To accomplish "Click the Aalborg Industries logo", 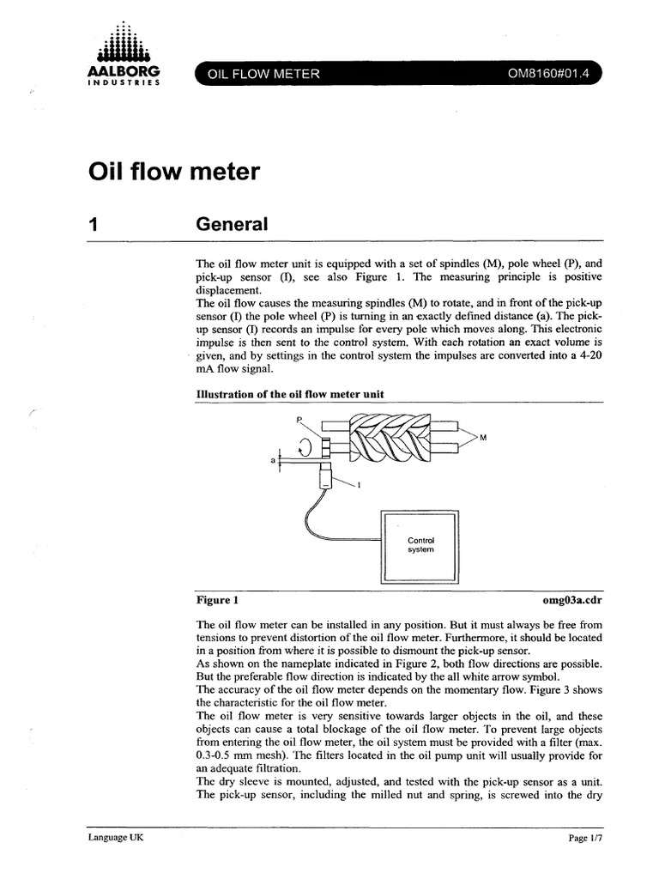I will [124, 60].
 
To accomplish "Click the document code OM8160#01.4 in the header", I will [549, 74].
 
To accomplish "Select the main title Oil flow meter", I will [173, 173].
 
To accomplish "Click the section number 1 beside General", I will [94, 225].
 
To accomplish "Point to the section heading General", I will [233, 225].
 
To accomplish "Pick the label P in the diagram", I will [299, 420].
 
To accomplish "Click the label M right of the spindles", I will [483, 438].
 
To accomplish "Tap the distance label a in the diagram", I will [273, 461].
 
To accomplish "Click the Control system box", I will [420, 546].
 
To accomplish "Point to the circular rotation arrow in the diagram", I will [305, 446].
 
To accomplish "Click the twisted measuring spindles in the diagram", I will [386, 437].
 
